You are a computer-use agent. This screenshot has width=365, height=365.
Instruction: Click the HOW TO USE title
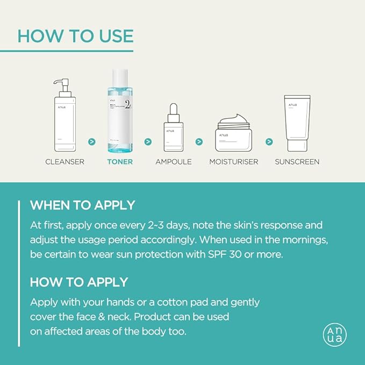point(75,35)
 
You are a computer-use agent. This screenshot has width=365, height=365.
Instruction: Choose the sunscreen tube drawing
point(297,123)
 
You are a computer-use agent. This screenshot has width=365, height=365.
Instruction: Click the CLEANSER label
point(65,161)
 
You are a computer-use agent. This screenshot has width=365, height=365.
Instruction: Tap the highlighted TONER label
point(120,161)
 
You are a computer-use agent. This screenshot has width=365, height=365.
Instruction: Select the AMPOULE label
point(174,161)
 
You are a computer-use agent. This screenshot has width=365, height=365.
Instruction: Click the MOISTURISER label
point(234,161)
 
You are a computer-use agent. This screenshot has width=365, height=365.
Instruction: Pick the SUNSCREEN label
point(297,161)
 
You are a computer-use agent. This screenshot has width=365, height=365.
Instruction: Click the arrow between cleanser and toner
point(92,142)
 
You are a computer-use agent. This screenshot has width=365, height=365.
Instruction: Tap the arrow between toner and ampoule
point(148,142)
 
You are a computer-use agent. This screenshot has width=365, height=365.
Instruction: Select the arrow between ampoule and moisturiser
point(199,142)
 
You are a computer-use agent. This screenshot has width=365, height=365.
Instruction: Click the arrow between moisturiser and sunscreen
point(269,142)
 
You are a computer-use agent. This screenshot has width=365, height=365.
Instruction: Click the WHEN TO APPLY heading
point(82,205)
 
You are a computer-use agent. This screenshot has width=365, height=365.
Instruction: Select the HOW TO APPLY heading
point(79,282)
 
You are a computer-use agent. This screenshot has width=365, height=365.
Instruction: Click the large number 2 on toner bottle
point(128,104)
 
